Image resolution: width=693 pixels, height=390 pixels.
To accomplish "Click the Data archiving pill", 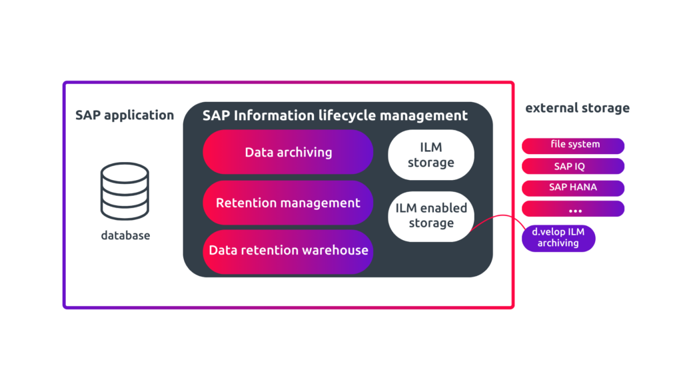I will [288, 152].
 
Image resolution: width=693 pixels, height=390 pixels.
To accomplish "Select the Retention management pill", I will [288, 203].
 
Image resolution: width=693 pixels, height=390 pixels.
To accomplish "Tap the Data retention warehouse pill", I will [288, 251].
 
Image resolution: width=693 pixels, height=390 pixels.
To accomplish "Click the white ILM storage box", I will [431, 155].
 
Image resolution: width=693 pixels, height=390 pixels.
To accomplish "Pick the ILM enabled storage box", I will [431, 216].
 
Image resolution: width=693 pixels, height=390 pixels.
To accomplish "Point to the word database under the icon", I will [125, 235].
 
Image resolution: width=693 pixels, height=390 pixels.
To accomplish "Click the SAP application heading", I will [125, 115].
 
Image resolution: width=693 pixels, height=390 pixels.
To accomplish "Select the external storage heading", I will [577, 108].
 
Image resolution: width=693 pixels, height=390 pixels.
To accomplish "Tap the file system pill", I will [573, 145].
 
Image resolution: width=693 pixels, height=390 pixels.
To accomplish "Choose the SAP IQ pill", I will [573, 166].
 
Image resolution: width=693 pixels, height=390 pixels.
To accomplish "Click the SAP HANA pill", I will [573, 187].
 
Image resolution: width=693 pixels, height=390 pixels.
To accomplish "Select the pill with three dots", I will [573, 209].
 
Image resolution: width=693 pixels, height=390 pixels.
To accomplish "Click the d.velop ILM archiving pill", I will [558, 238].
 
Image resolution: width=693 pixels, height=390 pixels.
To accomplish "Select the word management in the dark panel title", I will [423, 115].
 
